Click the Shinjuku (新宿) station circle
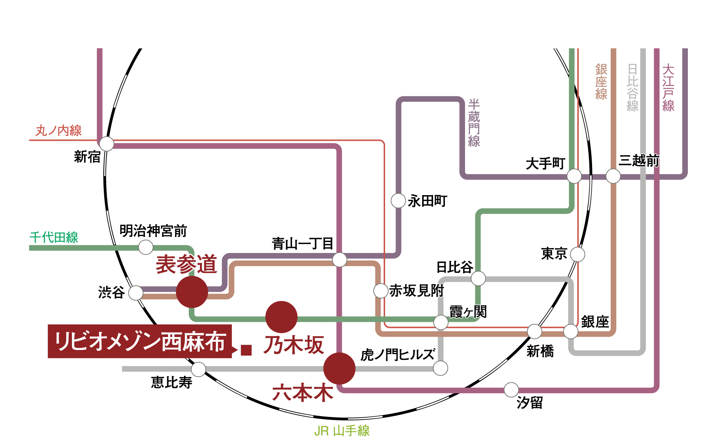pos(106,144)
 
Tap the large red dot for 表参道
pos(192,292)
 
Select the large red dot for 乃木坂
pos(281,317)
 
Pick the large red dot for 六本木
pos(339,368)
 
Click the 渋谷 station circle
pos(136,293)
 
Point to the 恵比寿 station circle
pos(198,369)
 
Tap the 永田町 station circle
pos(398,200)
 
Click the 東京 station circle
pos(578,254)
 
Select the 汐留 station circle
pos(511,390)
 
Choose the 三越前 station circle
pos(613,176)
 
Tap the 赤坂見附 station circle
pos(381,291)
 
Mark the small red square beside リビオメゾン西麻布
pos(246,350)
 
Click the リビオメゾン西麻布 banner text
pos(140,341)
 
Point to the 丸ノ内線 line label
pos(59,130)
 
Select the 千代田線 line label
pos(54,237)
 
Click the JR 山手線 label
pos(342,431)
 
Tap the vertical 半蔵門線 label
pos(474,123)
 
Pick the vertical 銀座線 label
pos(601,82)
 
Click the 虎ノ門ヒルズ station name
pos(398,355)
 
